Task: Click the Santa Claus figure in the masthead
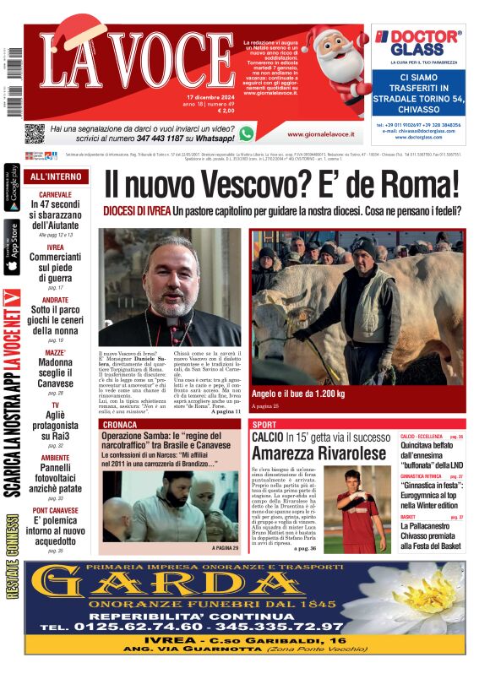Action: click(x=331, y=59)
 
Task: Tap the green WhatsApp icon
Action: click(x=246, y=133)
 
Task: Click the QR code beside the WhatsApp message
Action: click(x=34, y=133)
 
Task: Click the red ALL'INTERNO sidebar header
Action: click(x=56, y=177)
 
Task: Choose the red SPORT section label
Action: click(x=264, y=424)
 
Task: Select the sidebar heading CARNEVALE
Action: click(x=56, y=194)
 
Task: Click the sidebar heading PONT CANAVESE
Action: click(x=56, y=511)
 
